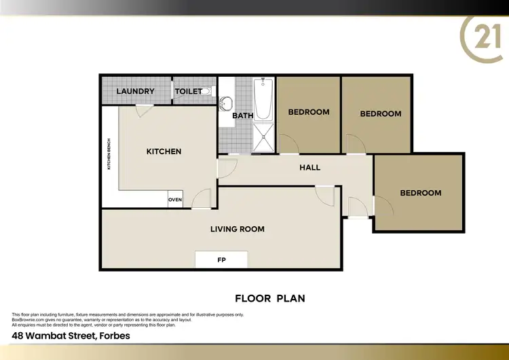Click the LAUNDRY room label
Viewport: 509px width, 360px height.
[136, 91]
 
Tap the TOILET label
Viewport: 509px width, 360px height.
[187, 91]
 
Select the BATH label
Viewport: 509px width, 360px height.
[242, 115]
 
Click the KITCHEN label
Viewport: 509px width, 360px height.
[164, 151]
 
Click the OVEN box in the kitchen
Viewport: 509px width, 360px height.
[175, 200]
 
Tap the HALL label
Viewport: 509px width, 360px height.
[309, 168]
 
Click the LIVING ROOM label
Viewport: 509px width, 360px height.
[238, 229]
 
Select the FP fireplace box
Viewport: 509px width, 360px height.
[221, 259]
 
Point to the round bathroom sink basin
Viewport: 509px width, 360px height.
[227, 104]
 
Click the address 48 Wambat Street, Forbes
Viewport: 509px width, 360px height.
[71, 336]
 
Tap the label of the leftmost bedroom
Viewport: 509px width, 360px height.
[309, 112]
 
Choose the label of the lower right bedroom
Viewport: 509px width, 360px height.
[420, 193]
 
